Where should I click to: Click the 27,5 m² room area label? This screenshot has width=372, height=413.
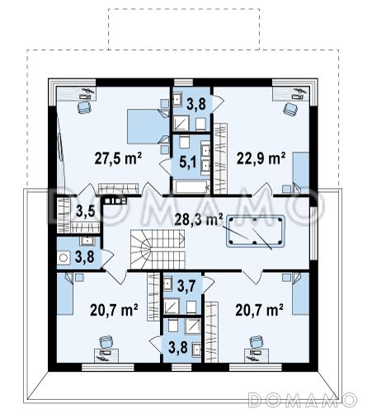click(118, 158)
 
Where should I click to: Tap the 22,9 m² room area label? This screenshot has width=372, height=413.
click(261, 158)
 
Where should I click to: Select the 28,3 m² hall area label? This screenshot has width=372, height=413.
click(199, 219)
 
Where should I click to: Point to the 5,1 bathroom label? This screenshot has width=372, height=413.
click(188, 162)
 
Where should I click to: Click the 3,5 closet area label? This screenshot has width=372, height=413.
click(85, 211)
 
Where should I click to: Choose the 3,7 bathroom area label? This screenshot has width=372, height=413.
click(186, 286)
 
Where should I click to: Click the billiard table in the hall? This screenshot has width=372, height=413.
click(256, 232)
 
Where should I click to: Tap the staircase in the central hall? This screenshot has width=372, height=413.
click(158, 249)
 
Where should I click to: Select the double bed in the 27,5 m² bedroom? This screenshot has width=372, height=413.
click(148, 126)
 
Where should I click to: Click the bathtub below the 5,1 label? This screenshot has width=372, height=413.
click(191, 187)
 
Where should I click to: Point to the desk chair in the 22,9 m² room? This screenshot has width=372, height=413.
click(290, 109)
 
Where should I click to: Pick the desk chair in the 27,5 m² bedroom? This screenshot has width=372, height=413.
click(83, 107)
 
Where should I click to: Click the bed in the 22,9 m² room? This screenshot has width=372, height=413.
click(301, 172)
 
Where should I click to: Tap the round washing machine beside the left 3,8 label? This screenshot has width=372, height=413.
click(64, 258)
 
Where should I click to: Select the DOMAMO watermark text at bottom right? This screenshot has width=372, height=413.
click(302, 400)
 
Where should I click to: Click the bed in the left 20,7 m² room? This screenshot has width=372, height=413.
click(65, 294)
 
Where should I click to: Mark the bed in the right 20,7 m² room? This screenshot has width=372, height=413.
click(301, 293)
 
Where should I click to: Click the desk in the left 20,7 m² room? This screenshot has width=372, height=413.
click(106, 355)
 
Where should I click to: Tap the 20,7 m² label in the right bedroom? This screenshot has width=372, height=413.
click(259, 310)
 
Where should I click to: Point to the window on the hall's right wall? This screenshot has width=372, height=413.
click(313, 233)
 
